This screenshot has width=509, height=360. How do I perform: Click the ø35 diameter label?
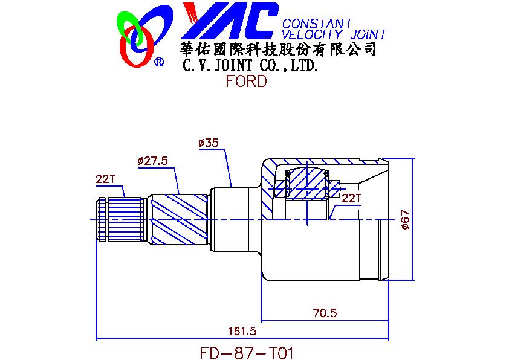(209, 143)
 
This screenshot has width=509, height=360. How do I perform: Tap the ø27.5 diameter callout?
(152, 161)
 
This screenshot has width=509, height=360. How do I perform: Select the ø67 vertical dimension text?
(406, 220)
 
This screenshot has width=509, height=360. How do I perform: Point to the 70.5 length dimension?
(325, 313)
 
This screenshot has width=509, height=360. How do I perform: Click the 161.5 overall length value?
(242, 331)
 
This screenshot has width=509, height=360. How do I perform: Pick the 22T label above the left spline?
(106, 179)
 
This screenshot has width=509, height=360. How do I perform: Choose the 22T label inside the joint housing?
(351, 198)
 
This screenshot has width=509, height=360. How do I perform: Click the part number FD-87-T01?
(247, 353)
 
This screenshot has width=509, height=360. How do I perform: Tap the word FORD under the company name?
(247, 81)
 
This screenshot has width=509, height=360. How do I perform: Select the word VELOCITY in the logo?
(312, 34)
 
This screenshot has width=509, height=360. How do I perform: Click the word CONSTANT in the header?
(317, 23)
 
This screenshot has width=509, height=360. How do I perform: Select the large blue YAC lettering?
(230, 21)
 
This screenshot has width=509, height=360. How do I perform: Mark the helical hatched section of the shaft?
(178, 220)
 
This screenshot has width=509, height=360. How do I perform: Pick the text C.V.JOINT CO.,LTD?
(250, 66)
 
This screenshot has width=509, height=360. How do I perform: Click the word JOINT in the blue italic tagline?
(368, 34)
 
